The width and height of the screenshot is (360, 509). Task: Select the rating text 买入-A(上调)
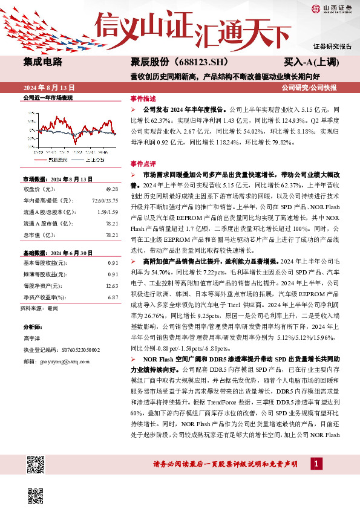pyautogui.click(x=312, y=62)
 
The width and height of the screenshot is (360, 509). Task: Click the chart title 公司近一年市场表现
pyautogui.click(x=48, y=97)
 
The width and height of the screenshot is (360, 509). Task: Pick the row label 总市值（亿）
pyautogui.click(x=38, y=235)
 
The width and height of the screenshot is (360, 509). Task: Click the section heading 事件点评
pyautogui.click(x=143, y=164)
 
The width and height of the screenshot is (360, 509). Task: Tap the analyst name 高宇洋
pyautogui.click(x=32, y=339)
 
